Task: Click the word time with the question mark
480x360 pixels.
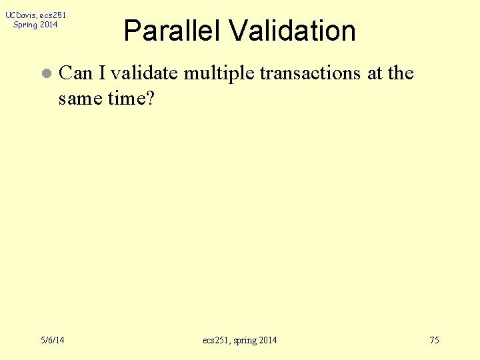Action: (131, 99)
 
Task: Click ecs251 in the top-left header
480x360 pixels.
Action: (53, 15)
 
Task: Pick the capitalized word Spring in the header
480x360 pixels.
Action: (25, 25)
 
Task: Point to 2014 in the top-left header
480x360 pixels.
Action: (49, 25)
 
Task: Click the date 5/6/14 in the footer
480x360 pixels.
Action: (52, 341)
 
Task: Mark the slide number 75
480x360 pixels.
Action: (434, 341)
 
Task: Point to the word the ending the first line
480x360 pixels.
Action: (401, 73)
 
